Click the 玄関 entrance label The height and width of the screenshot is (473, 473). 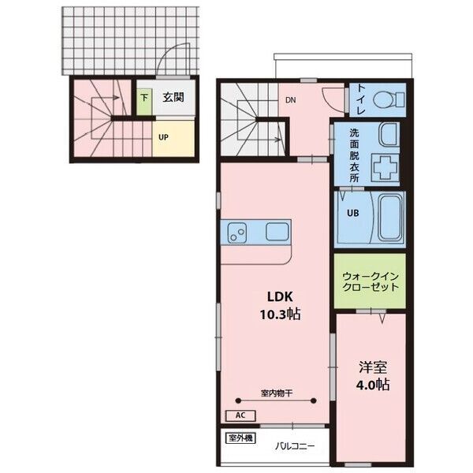173,98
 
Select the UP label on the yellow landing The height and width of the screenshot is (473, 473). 163,137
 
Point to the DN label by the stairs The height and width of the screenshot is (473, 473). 290,100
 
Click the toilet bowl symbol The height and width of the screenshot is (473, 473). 389,99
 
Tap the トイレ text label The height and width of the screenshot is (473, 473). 361,99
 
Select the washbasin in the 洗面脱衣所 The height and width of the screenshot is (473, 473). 389,134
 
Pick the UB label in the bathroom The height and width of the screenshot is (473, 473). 352,214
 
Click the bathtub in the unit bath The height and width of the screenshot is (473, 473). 390,218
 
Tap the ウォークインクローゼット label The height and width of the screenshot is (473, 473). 371,281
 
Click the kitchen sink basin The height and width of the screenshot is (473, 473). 277,232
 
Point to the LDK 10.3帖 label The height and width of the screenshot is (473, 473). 280,306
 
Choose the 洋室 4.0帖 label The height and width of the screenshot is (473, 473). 373,375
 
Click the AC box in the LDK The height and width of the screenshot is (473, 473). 240,415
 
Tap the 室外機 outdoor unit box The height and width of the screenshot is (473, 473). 240,438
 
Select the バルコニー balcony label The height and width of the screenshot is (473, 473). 294,445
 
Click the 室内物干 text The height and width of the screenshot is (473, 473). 277,393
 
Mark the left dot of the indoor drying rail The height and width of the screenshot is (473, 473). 238,401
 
